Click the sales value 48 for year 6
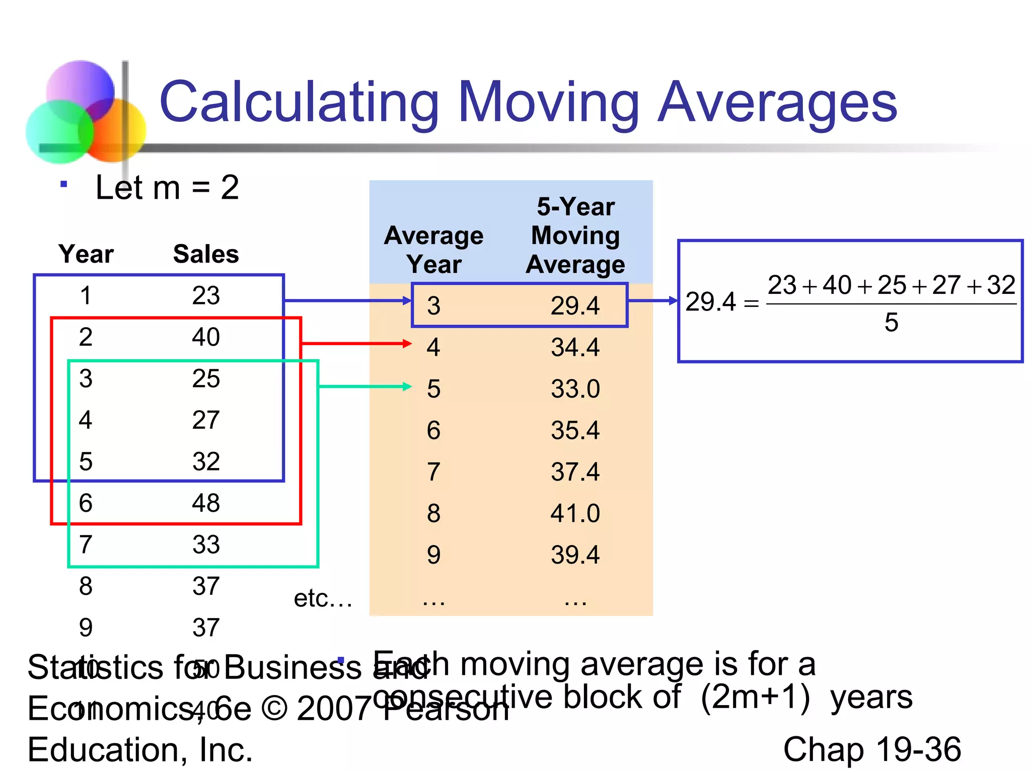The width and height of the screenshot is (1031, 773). [206, 503]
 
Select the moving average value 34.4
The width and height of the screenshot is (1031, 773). [575, 347]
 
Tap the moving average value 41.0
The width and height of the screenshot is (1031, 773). [575, 513]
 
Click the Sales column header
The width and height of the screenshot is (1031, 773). [206, 254]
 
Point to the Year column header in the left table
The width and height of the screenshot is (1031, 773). [86, 254]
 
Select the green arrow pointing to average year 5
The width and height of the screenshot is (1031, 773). [365, 386]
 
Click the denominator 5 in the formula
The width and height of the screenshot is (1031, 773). [891, 322]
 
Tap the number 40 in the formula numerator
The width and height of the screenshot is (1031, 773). [837, 285]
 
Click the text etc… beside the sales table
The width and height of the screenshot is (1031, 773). [323, 598]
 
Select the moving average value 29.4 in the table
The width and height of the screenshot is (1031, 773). [575, 305]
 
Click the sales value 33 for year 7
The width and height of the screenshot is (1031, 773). [206, 545]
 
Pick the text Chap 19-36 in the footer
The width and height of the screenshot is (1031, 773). [872, 749]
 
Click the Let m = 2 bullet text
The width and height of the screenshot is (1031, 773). [167, 187]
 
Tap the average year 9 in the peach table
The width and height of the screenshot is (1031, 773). [433, 555]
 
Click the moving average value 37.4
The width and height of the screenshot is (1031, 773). [575, 472]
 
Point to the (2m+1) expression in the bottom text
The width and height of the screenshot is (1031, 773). [755, 697]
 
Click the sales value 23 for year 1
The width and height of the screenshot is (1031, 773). [206, 295]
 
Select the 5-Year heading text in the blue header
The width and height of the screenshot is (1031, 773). [575, 207]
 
